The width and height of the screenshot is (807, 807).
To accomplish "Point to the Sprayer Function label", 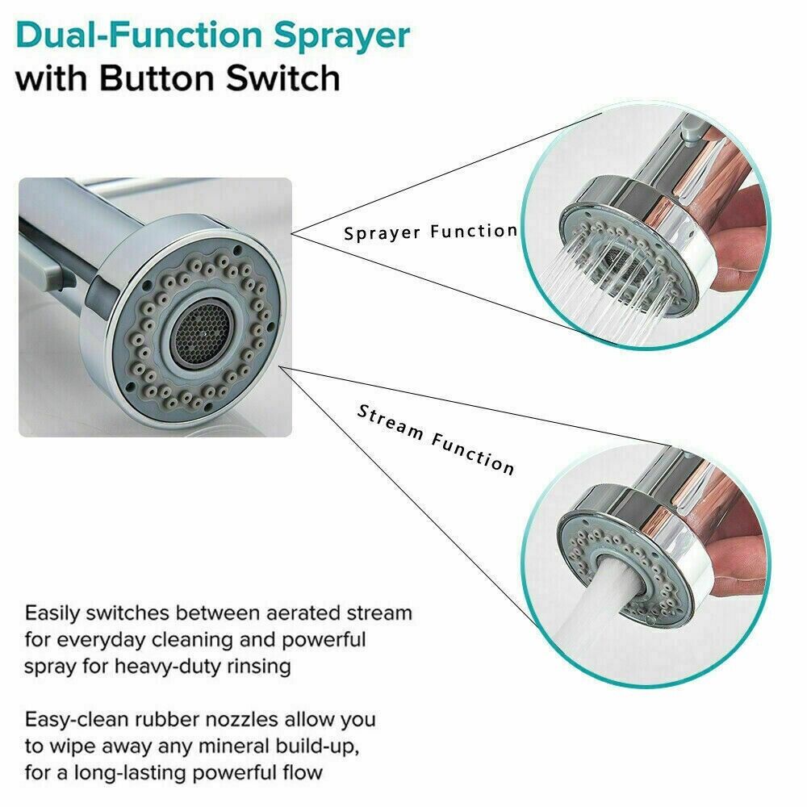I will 430,232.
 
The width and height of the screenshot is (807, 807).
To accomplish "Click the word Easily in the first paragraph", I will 55,613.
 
